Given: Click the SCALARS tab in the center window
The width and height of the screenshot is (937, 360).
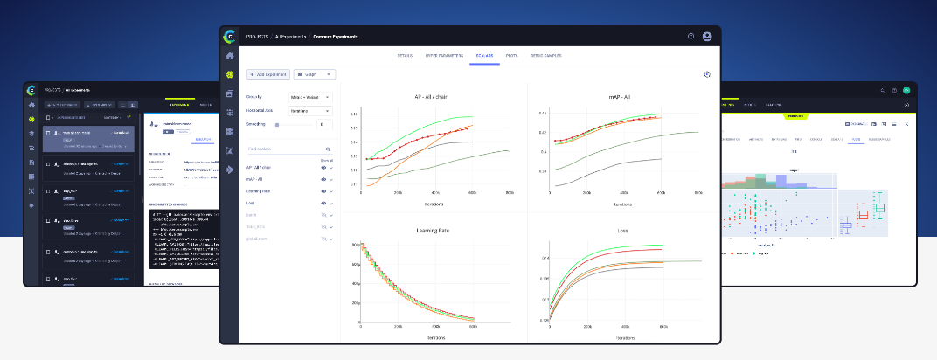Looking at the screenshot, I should (484, 55).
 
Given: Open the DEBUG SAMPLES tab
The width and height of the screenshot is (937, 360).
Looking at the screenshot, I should (545, 55).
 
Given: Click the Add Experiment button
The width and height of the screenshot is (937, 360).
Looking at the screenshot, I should (267, 74).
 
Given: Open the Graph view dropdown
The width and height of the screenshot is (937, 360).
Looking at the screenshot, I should (314, 74).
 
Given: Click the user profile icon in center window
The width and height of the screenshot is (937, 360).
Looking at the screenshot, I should (707, 37).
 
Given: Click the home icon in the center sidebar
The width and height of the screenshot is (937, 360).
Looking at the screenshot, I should (230, 56).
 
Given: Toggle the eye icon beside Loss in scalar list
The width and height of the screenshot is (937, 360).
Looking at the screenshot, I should (323, 202).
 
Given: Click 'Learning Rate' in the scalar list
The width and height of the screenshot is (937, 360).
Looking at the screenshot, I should (260, 190).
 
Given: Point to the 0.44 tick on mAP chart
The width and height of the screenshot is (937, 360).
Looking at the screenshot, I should (542, 114).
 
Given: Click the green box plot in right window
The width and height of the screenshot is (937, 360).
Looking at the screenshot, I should (879, 208).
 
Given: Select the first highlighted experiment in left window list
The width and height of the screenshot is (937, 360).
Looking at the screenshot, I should (87, 135).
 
